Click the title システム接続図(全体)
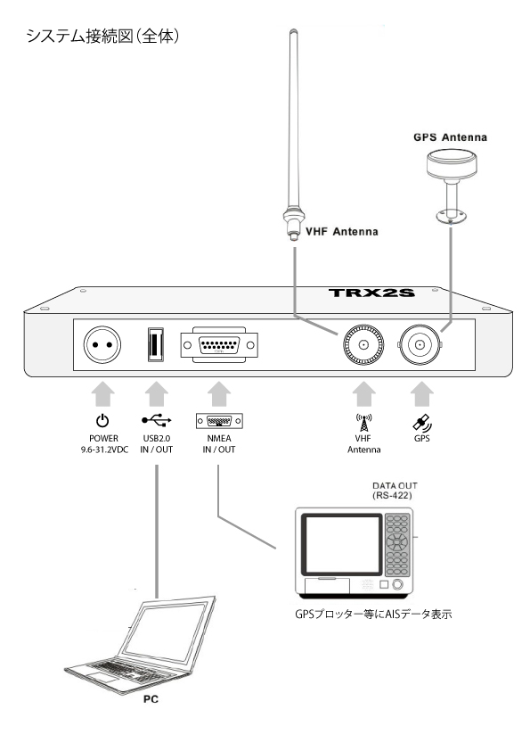coord(103,37)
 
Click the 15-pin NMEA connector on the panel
coord(218,344)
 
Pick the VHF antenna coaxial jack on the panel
coord(363,344)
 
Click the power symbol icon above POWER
coord(102,420)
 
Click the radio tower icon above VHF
coord(363,422)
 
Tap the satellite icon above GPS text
coord(419,421)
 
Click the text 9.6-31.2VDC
coord(102,450)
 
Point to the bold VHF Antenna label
coord(341,232)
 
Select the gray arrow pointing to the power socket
coord(102,390)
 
